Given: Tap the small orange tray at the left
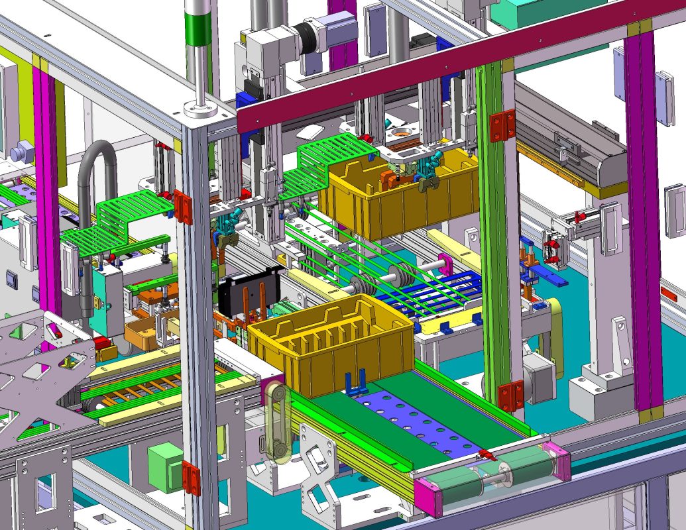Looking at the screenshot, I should tap(142, 335).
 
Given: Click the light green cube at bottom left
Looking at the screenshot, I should tap(164, 467).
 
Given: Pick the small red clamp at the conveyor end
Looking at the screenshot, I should tap(488, 454).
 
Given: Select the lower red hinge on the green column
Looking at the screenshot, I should tap(509, 396).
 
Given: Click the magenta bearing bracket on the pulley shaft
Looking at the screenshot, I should tap(444, 265).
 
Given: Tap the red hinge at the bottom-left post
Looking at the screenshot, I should tap(190, 478).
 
